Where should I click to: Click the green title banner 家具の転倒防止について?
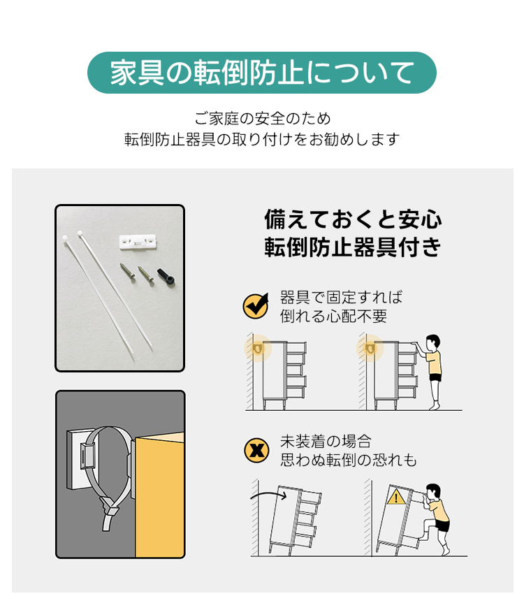tap(262, 73)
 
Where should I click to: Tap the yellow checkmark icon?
tap(256, 306)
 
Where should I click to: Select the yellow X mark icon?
tap(256, 450)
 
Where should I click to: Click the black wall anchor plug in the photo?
tap(166, 277)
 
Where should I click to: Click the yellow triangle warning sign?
tap(396, 497)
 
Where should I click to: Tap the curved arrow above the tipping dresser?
tap(268, 493)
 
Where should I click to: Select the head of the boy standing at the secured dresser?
tap(433, 342)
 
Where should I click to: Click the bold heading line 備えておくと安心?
tap(353, 219)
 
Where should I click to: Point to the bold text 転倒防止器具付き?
tap(353, 247)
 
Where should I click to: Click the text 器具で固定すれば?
tap(342, 297)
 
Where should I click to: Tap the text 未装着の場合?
tap(326, 442)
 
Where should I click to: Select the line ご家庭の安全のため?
tap(262, 119)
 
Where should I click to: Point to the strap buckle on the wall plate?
tap(87, 456)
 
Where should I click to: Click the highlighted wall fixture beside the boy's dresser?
tap(370, 349)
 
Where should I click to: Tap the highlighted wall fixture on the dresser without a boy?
tap(258, 349)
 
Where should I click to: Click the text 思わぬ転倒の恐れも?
tap(349, 460)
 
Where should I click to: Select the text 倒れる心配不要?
tap(333, 316)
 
